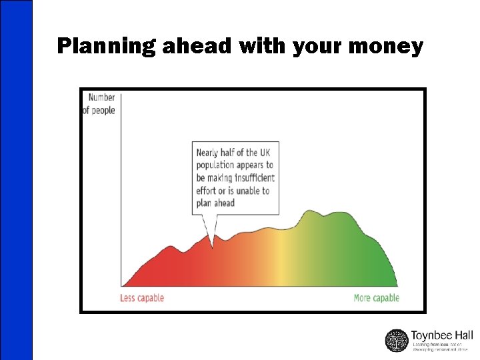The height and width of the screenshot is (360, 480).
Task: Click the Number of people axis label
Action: point(99,104)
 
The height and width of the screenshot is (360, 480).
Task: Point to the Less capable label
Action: point(141,298)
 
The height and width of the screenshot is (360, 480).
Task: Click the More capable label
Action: point(376,298)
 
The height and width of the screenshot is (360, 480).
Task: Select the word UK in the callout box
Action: point(265,153)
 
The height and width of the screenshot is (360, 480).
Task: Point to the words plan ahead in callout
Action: point(215,203)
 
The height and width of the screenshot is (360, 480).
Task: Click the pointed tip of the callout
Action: point(213,246)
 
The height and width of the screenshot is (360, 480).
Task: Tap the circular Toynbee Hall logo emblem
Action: point(397,340)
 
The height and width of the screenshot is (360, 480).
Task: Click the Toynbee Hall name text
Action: point(441,335)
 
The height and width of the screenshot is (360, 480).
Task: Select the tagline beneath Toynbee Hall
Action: point(440,347)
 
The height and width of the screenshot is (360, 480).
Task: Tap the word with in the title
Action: point(253,46)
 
